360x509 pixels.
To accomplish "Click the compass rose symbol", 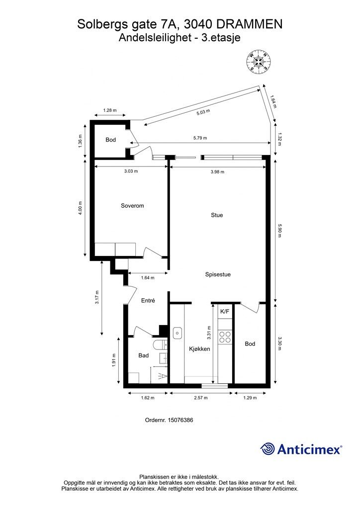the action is tap(259, 61).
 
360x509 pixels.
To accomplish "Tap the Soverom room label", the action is tap(132, 206).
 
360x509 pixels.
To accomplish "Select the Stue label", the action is tap(217, 215).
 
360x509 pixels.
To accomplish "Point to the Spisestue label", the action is tap(218, 274).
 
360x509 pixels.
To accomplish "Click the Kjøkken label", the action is tap(199, 349).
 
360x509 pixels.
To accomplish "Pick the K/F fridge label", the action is tap(225, 312).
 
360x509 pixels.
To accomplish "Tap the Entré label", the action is tap(148, 301).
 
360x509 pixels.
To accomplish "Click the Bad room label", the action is tap(144, 356).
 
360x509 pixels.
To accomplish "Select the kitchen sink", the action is tap(177, 333).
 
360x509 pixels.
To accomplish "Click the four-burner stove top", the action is tap(225, 337).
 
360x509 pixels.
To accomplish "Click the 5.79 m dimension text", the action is tap(200, 138).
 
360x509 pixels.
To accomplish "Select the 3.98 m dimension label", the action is tap(217, 172).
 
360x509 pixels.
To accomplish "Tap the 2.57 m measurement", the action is tap(200, 398).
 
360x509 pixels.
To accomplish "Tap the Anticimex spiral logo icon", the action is tap(267, 449).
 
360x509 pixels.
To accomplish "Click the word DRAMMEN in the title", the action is tap(249, 24).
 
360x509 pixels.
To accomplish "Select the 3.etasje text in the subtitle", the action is tap(221, 38).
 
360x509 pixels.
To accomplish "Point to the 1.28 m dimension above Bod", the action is tap(110, 110).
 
